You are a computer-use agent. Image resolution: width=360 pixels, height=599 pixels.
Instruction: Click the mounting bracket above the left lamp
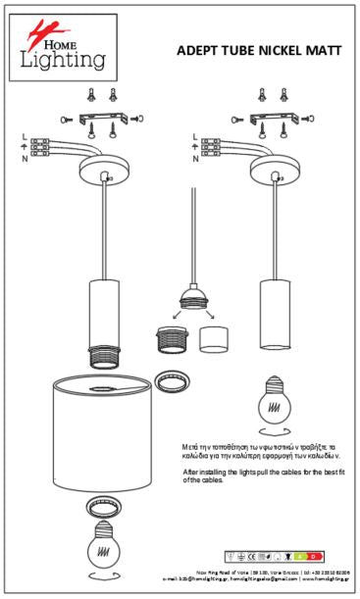click(102, 119)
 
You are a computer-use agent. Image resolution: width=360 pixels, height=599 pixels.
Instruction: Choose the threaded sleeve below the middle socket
click(172, 338)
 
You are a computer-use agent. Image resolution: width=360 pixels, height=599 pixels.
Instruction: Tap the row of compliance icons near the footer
click(274, 557)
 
